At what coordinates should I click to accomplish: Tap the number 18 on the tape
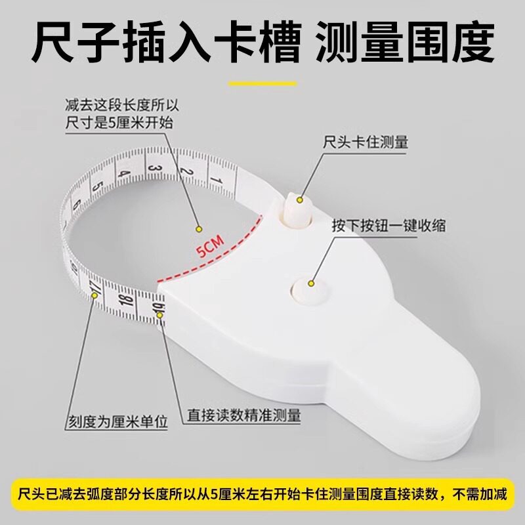click(127, 301)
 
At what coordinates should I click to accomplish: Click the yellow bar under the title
click(262, 83)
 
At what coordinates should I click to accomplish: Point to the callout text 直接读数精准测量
click(243, 415)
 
